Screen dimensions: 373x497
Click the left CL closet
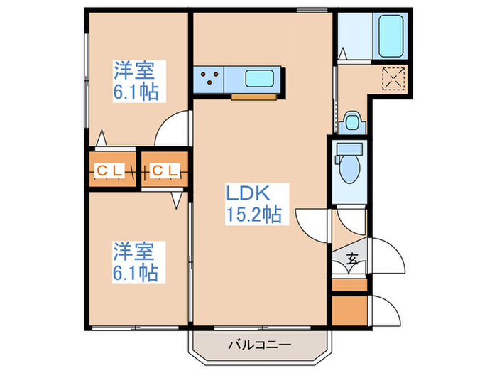[x=111, y=171]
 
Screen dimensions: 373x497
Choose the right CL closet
[x=165, y=171]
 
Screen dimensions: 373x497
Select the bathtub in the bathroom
[x=392, y=34]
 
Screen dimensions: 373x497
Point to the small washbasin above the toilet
[x=351, y=121]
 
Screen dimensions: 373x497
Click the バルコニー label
[x=260, y=345]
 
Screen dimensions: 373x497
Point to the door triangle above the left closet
[x=103, y=136]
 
